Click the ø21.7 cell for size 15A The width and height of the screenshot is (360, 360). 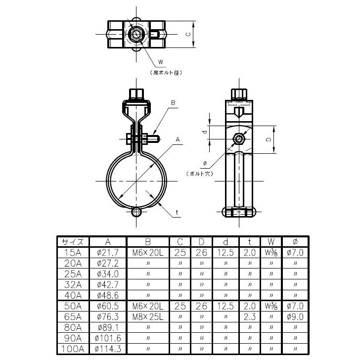coord(108,253)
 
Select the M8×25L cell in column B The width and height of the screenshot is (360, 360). coord(148,317)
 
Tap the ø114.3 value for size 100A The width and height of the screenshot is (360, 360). coord(108,349)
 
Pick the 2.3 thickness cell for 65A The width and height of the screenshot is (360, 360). coord(250,317)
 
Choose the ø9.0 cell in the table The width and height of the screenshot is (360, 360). coord(295,317)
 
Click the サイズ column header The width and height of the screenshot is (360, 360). coord(73,242)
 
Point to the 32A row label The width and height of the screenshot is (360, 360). coord(73,285)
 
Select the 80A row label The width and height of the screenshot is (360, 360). coord(73,327)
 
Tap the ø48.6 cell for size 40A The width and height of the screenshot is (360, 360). coord(108,295)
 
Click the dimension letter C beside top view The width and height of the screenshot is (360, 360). coord(188,35)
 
